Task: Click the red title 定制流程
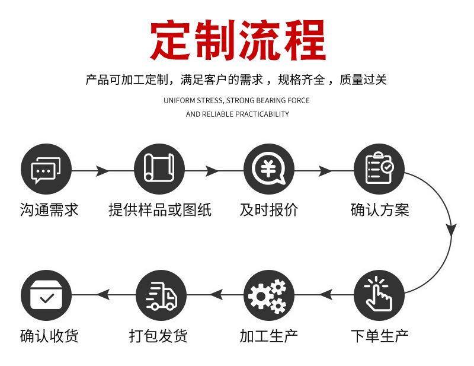tap(238, 40)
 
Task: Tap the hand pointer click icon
tap(379, 295)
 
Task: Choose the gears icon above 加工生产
tap(268, 295)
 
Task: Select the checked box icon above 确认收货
tap(46, 295)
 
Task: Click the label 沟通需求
tap(49, 210)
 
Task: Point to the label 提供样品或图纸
tap(160, 210)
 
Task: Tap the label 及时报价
tap(269, 210)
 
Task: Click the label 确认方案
tap(380, 210)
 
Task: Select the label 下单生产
tap(379, 336)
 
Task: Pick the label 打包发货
tap(158, 336)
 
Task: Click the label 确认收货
tap(49, 336)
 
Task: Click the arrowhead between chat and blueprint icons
tap(102, 171)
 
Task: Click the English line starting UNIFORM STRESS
tap(237, 100)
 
